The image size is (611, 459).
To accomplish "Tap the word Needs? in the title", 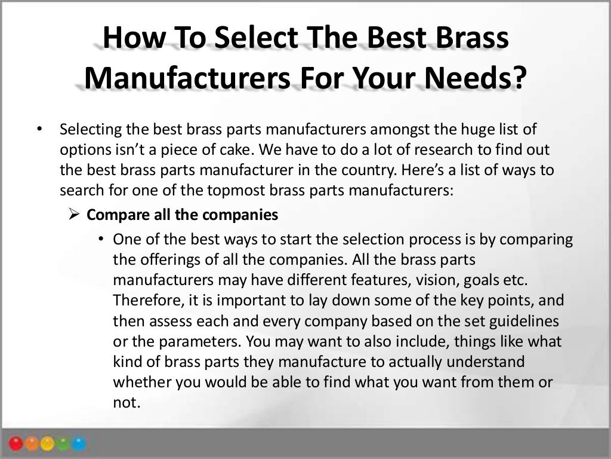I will point(479,78).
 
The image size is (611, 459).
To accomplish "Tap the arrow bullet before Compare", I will point(74,215).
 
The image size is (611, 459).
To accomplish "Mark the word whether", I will point(138,382).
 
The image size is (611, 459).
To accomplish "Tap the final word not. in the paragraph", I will point(126,402).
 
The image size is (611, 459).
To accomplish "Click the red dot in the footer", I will point(17,444).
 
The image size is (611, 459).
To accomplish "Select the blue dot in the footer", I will point(80,444).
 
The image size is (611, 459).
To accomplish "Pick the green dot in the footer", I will point(64,444).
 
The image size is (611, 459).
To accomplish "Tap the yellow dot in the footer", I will point(48,444).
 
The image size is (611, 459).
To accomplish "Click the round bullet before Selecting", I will point(39,129).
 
